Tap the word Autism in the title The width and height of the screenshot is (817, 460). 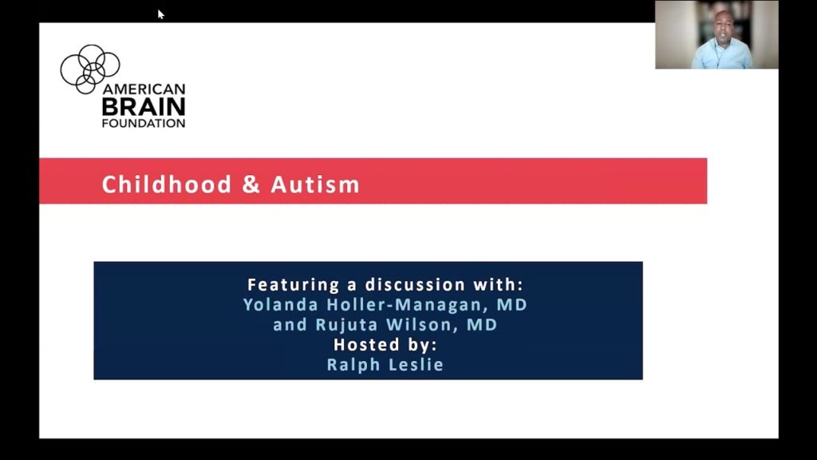(x=315, y=185)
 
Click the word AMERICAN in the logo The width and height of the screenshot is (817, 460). (x=144, y=89)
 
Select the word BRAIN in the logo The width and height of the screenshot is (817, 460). (x=144, y=106)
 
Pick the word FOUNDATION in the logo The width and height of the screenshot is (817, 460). (x=144, y=124)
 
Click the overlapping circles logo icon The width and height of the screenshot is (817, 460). (x=89, y=67)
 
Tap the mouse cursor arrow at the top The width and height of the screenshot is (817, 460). (x=160, y=14)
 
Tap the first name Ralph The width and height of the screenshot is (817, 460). (x=351, y=365)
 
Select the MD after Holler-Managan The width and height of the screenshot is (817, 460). (x=511, y=305)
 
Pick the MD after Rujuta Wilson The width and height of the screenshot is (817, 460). (x=482, y=325)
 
